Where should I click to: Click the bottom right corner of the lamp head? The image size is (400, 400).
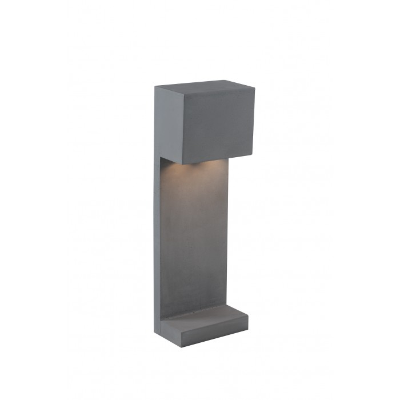pos(253,155)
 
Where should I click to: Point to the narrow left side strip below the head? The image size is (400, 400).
pos(157,240)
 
